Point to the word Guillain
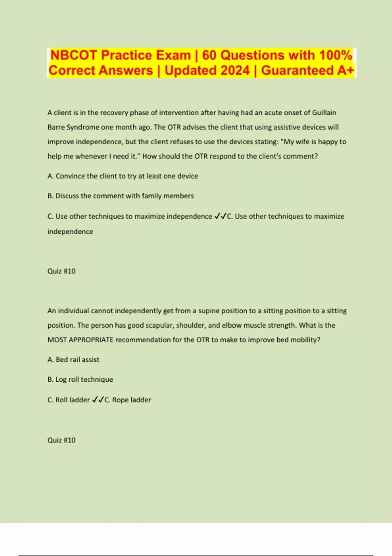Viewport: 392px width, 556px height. pos(324,113)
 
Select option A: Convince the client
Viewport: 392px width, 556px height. pos(122,176)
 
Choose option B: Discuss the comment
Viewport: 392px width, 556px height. pos(121,196)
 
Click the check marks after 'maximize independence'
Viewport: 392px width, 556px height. pos(220,216)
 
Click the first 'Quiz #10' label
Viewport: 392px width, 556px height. pos(61,271)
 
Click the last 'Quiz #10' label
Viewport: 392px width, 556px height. pos(61,440)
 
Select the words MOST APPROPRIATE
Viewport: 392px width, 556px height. pos(80,340)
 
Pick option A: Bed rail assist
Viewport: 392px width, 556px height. pos(73,359)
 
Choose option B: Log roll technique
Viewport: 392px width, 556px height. pos(80,379)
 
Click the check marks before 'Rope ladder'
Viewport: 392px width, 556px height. pos(98,400)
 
